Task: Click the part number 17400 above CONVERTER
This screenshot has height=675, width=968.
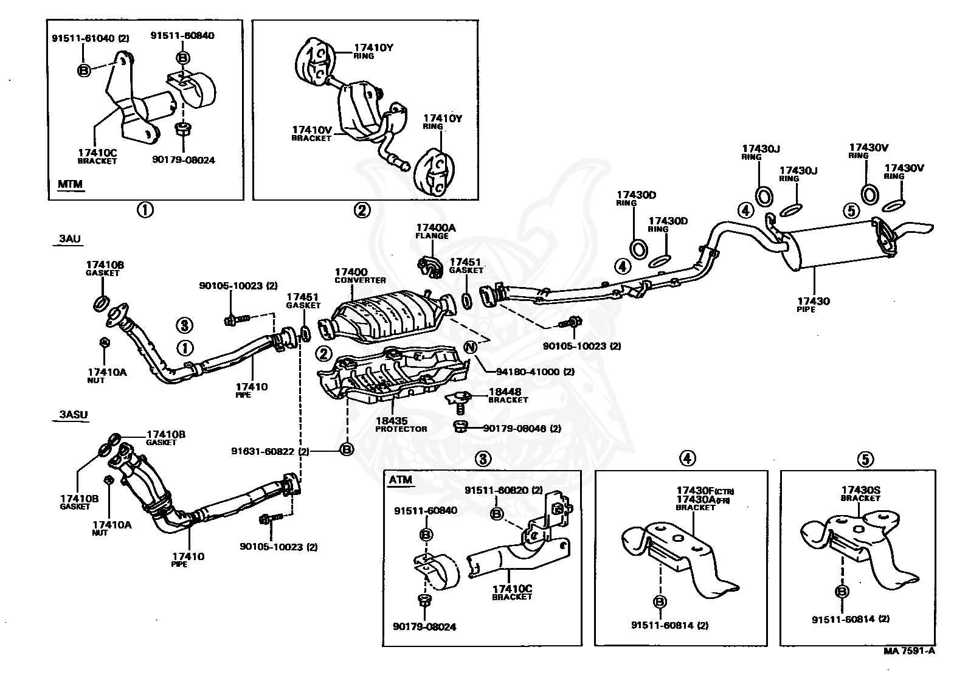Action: [351, 272]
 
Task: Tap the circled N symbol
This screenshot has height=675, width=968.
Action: [471, 347]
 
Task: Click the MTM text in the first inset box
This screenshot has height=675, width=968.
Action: [70, 184]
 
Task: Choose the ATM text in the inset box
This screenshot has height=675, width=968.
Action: [401, 480]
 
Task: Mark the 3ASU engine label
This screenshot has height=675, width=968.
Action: [74, 414]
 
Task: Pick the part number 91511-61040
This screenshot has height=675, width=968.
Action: [83, 38]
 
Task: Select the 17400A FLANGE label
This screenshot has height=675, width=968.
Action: [435, 232]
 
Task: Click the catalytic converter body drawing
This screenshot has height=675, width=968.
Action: [387, 317]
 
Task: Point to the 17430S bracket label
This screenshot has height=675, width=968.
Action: [860, 494]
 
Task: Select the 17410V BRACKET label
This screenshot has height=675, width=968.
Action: [311, 134]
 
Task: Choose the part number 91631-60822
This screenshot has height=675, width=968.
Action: [262, 451]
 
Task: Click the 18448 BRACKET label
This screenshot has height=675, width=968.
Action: [508, 395]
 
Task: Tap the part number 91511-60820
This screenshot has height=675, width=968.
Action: [497, 490]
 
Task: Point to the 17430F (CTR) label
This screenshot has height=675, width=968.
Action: [705, 491]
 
